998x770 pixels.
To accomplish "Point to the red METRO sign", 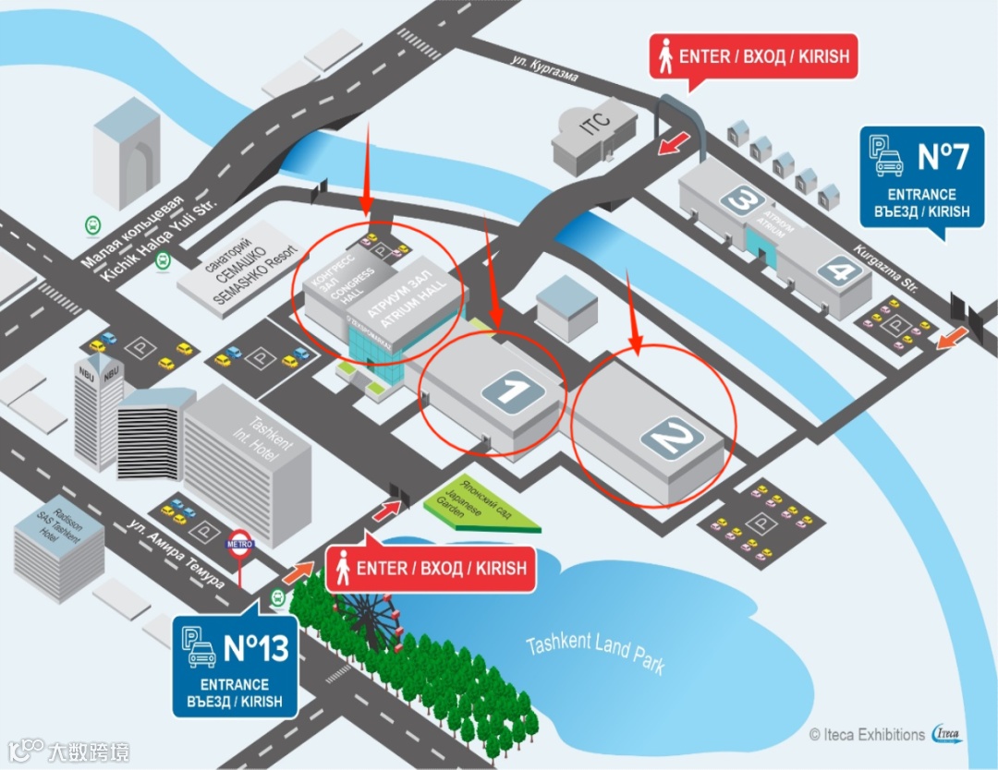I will click(x=240, y=544).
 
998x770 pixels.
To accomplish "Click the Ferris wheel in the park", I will click(x=366, y=619).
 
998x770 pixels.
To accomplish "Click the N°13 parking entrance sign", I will click(x=237, y=666).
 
